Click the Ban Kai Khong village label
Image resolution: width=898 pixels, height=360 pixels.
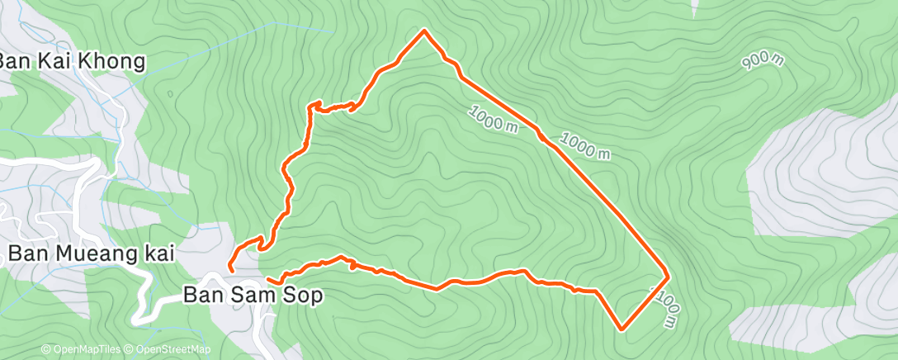point(73,61)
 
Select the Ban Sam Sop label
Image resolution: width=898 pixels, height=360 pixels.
point(253,294)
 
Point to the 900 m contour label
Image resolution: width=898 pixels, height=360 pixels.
point(763,60)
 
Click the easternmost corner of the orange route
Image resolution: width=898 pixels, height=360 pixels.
point(667,272)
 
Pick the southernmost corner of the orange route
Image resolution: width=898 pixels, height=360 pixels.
point(621,328)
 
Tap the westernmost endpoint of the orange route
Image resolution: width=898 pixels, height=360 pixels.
point(230,268)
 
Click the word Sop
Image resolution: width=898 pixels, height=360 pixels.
point(303,294)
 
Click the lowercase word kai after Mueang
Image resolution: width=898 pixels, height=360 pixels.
point(156,253)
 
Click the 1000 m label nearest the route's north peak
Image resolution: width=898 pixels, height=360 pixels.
point(496,119)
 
